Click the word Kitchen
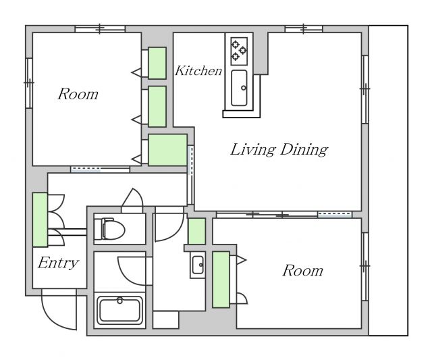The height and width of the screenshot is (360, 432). pyautogui.click(x=198, y=70)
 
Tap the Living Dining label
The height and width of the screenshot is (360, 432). pyautogui.click(x=279, y=150)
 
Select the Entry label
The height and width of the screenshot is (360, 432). pyautogui.click(x=59, y=263)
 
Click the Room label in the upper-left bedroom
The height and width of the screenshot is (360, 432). pyautogui.click(x=78, y=94)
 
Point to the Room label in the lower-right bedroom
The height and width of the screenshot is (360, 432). pyautogui.click(x=303, y=270)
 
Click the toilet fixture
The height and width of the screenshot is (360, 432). pyautogui.click(x=109, y=229)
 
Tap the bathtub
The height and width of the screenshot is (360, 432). pyautogui.click(x=119, y=310)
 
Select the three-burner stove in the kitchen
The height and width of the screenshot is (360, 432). pyautogui.click(x=239, y=51)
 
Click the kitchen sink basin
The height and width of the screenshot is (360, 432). pyautogui.click(x=239, y=88)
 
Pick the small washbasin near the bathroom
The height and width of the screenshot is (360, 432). pyautogui.click(x=198, y=265)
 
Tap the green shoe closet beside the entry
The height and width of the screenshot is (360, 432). pyautogui.click(x=40, y=220)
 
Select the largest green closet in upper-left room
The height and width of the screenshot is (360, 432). pyautogui.click(x=167, y=150)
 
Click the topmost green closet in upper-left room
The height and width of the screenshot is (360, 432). pyautogui.click(x=157, y=63)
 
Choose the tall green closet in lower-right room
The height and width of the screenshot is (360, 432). pyautogui.click(x=221, y=280)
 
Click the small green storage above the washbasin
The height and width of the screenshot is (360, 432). pyautogui.click(x=196, y=231)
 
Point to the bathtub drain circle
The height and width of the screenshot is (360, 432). pyautogui.click(x=120, y=301)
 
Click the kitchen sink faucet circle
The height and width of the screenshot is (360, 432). pyautogui.click(x=244, y=88)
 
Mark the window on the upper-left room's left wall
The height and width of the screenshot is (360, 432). pyautogui.click(x=29, y=82)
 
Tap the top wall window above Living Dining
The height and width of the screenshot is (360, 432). pyautogui.click(x=304, y=28)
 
